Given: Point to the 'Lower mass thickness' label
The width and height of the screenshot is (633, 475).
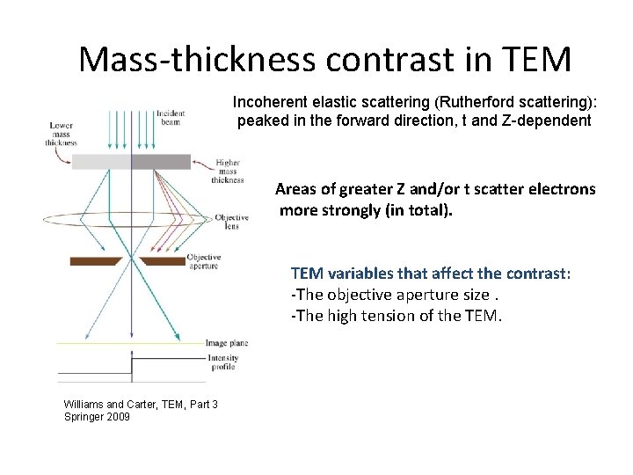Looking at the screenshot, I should (x=62, y=135).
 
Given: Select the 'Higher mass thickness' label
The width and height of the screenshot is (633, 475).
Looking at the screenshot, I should (x=228, y=172).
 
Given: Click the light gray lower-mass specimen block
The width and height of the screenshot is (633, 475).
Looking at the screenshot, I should (x=101, y=162).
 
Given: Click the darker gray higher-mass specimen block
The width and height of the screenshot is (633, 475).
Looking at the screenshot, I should (x=161, y=162).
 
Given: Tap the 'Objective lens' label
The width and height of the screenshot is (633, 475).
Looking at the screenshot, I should (x=231, y=221).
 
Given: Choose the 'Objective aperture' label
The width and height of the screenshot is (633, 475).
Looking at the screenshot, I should (x=203, y=261).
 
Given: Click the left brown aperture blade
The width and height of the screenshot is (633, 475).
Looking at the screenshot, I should (x=96, y=260).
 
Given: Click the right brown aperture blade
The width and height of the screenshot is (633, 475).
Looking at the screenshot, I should (x=163, y=260).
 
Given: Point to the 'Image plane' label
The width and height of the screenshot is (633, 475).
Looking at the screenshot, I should (x=225, y=342).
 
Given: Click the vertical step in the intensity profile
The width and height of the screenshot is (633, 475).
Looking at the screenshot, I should (x=132, y=366).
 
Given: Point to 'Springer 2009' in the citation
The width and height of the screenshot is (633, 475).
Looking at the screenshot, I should (x=97, y=416).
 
